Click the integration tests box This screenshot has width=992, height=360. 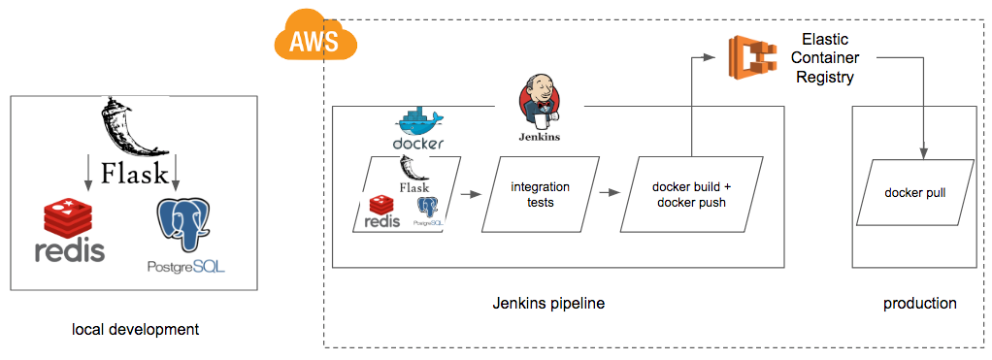tap(540, 193)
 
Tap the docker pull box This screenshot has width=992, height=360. tap(914, 193)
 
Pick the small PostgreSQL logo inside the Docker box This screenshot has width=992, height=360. tap(427, 212)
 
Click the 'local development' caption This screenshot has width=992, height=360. tap(135, 330)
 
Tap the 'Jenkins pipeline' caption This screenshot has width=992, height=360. tap(548, 304)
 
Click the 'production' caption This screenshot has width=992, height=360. tap(919, 304)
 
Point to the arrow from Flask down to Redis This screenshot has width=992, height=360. tap(88, 171)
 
